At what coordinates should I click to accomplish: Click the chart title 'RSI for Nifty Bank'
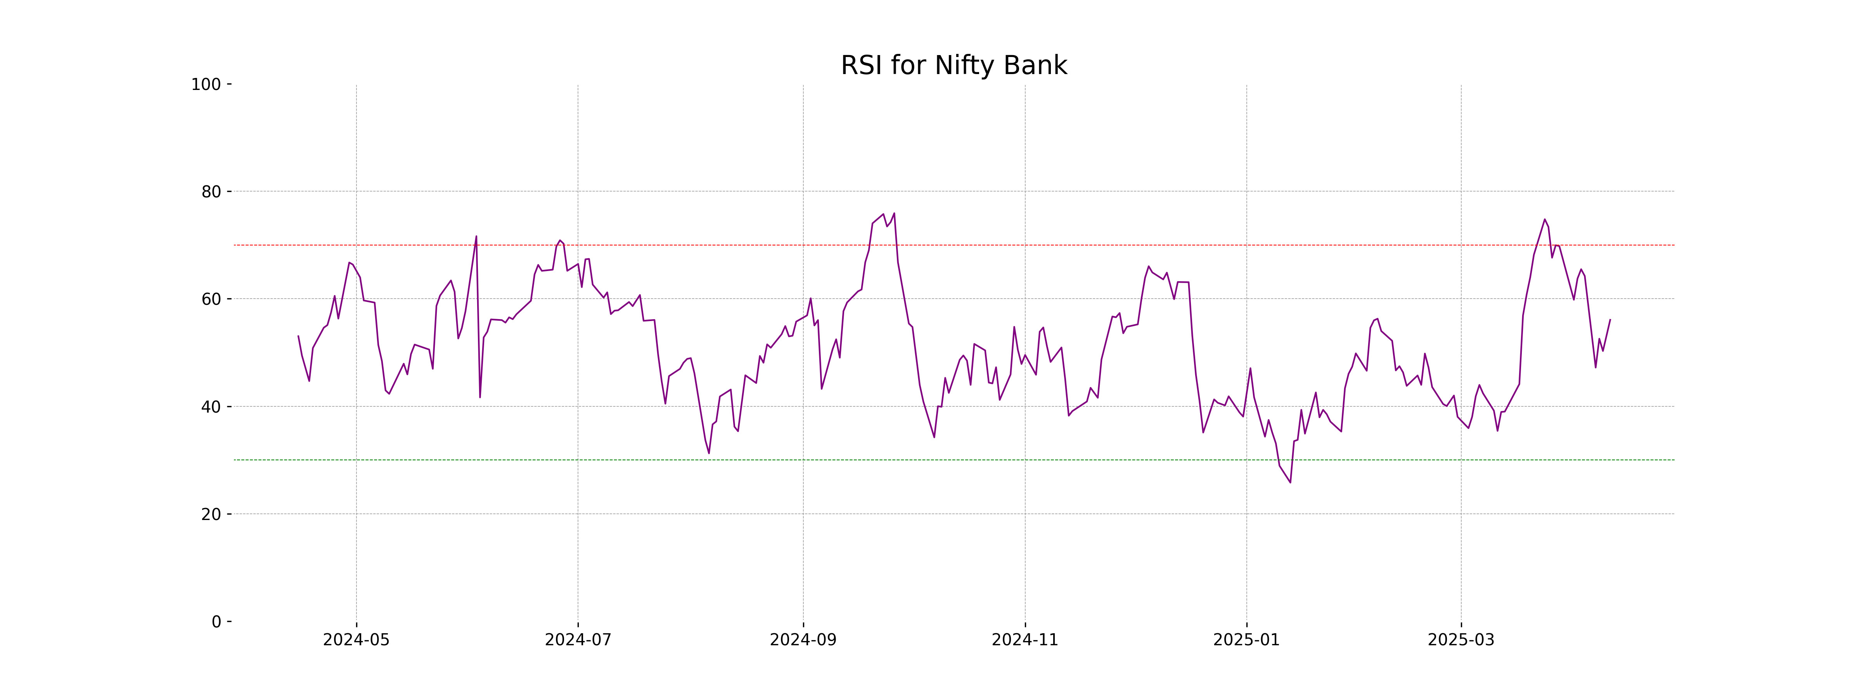point(953,66)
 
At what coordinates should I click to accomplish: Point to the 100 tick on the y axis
point(206,85)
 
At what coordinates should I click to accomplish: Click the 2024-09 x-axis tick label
point(803,640)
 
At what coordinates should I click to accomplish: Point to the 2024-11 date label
point(1025,640)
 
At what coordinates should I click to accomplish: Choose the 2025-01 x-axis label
point(1246,640)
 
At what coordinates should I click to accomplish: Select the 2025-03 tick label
point(1461,640)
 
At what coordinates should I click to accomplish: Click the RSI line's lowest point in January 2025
point(1290,483)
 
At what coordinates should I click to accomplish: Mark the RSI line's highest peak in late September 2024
point(894,213)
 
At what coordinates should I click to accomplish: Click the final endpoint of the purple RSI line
point(1610,320)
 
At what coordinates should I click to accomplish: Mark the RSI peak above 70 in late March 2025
point(1545,219)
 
